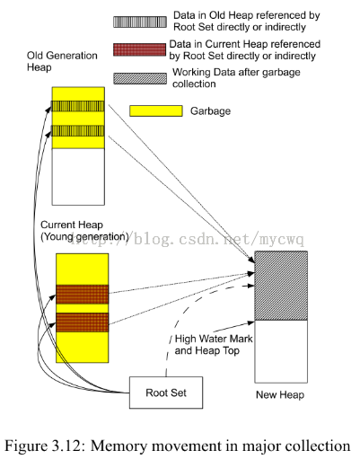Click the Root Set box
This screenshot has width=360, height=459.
click(166, 393)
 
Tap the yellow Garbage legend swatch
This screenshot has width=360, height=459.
click(156, 110)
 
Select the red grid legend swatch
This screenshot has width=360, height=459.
click(139, 49)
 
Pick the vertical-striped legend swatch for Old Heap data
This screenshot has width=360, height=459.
click(140, 22)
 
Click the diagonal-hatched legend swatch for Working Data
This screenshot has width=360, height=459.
click(140, 78)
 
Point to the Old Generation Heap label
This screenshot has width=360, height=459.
click(62, 61)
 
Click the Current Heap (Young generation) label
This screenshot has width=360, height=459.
click(84, 231)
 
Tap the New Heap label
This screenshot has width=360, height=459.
click(280, 395)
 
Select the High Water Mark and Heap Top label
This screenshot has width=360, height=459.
click(214, 345)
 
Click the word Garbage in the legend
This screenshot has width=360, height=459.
click(210, 111)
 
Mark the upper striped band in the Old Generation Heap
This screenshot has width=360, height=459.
click(78, 106)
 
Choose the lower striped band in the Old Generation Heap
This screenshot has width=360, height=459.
click(78, 131)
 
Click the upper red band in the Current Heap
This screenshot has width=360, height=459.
click(83, 295)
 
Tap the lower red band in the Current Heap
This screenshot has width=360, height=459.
click(83, 322)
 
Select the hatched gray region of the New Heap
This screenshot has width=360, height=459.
click(281, 286)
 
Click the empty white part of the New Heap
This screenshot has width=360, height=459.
click(281, 351)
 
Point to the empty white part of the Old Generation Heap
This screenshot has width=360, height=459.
click(78, 177)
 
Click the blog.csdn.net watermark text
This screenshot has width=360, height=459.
click(187, 239)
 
